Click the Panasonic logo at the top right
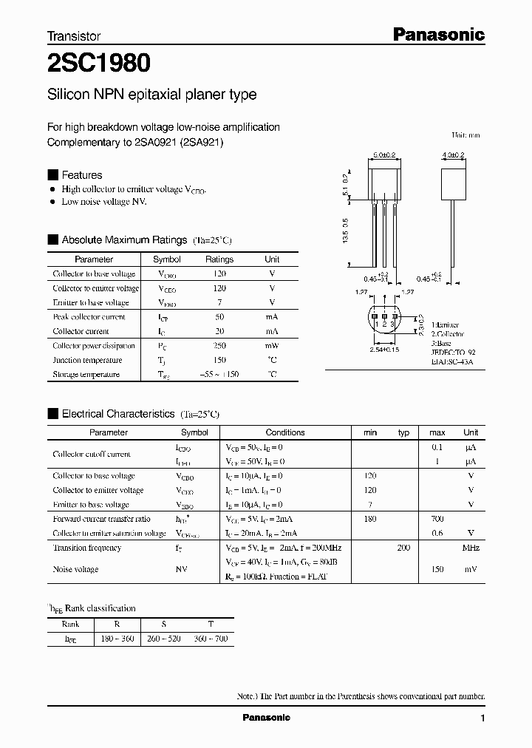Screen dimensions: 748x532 point(437,34)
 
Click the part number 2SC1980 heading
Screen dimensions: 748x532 point(99,64)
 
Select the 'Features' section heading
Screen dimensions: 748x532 point(81,175)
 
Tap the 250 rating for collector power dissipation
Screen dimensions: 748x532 point(219,346)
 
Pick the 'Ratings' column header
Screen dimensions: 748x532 point(219,259)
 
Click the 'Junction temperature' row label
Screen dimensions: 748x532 point(87,360)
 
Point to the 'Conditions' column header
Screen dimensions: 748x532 point(285,432)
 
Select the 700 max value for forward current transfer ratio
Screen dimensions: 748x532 point(437,519)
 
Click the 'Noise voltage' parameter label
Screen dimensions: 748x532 point(75,569)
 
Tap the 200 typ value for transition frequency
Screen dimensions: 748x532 point(403,548)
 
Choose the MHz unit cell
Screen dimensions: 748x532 point(471,548)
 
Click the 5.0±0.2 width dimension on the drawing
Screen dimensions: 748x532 point(384,155)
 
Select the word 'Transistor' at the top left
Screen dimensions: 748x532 point(74,35)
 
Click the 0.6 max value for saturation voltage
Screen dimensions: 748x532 point(437,534)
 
